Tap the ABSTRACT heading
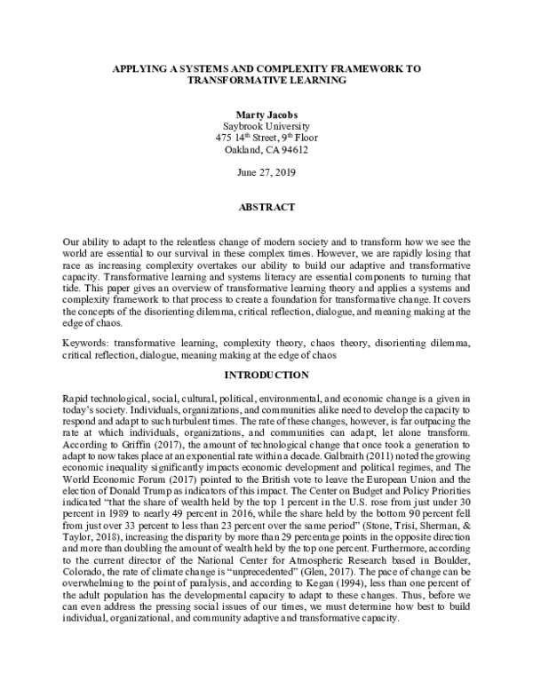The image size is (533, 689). point(266,208)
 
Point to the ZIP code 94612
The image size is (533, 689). point(298,150)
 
